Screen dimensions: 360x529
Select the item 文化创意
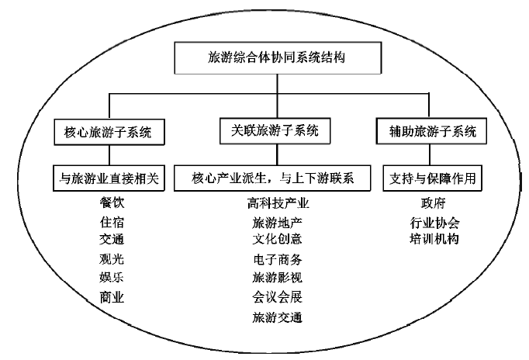pyautogui.click(x=277, y=241)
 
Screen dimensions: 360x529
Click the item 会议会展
pyautogui.click(x=277, y=296)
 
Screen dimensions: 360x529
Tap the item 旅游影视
pyautogui.click(x=277, y=278)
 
